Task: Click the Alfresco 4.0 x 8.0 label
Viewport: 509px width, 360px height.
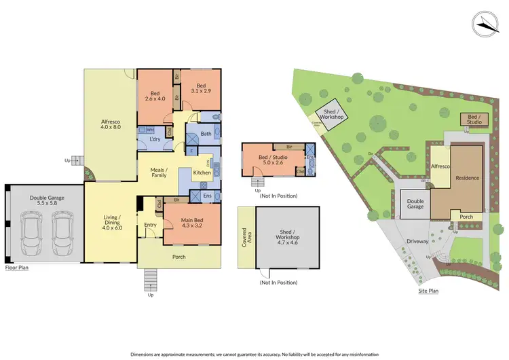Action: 110,122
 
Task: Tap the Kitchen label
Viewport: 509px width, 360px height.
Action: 202,173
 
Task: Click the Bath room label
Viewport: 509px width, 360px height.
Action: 206,134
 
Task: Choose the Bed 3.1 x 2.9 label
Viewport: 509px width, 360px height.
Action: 201,88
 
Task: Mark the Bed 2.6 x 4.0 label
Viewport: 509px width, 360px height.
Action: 155,96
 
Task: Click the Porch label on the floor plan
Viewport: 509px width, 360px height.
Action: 179,257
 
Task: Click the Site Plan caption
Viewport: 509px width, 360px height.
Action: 429,290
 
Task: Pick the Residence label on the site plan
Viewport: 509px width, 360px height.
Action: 468,178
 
